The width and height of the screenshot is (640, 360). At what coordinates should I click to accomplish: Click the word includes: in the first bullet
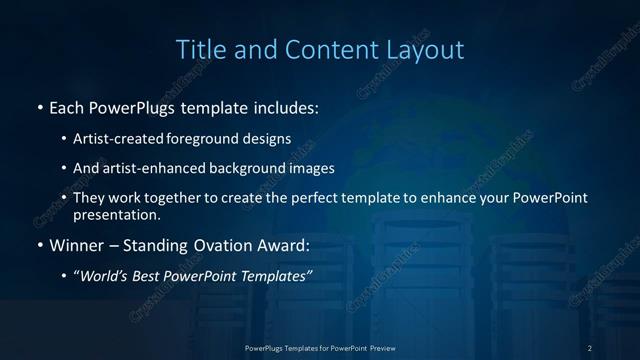coord(285,106)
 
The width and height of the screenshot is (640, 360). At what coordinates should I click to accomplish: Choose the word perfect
coord(327,198)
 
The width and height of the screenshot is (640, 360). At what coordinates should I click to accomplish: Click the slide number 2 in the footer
coord(590,347)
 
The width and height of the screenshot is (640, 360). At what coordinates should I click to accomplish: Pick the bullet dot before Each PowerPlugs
coord(39,107)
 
